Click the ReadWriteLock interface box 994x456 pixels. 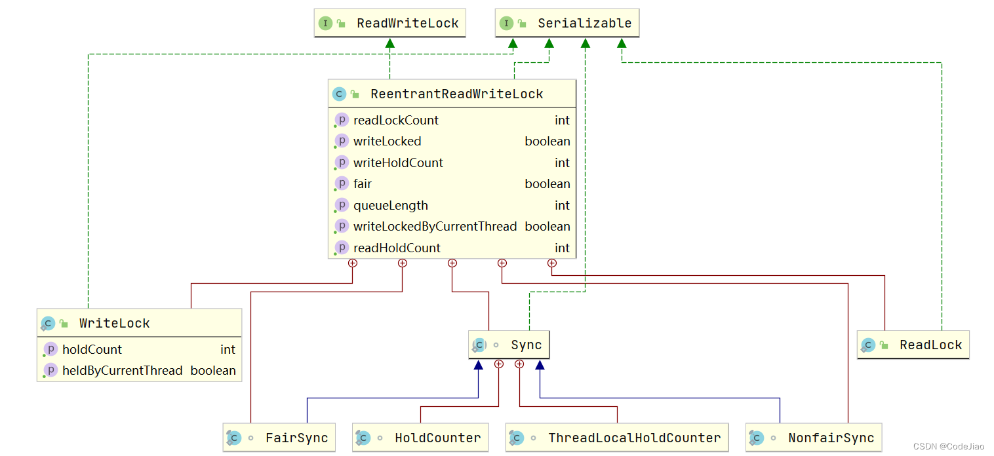[x=390, y=23]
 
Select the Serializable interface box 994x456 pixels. [x=567, y=23]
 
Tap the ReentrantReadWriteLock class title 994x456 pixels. [x=456, y=94]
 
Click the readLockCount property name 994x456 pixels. [x=395, y=120]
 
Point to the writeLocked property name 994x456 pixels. [x=387, y=141]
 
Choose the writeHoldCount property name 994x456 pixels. [x=398, y=162]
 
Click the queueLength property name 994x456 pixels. [x=390, y=205]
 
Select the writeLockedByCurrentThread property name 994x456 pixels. [x=435, y=226]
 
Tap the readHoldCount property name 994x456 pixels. [x=397, y=248]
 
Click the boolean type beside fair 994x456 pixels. [x=547, y=184]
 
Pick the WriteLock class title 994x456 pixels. [x=114, y=323]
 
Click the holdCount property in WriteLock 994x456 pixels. [x=92, y=350]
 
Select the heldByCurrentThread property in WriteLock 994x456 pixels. [x=122, y=371]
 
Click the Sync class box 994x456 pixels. [x=509, y=345]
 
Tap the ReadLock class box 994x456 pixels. [x=913, y=345]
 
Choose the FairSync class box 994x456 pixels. [x=279, y=438]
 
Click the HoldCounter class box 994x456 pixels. [x=420, y=438]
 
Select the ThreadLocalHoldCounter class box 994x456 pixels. [x=617, y=438]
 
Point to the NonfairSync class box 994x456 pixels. [x=814, y=438]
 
